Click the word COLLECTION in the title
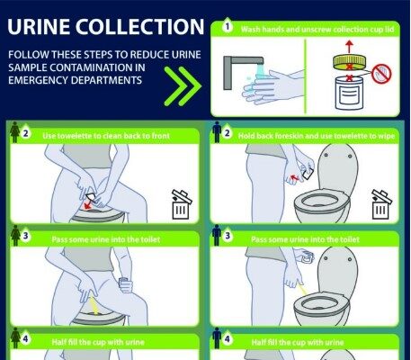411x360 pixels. point(139,26)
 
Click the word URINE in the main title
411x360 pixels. point(39,26)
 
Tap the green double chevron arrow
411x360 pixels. point(183,86)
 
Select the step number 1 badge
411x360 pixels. point(228,27)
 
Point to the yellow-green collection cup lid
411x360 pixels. point(349,62)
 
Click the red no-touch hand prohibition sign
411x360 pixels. point(381,74)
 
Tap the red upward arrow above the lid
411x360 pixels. point(349,47)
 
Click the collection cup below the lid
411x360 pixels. point(349,93)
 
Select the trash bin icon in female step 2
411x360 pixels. point(181,204)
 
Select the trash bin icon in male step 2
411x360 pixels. point(381,204)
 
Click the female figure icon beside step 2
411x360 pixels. point(15,132)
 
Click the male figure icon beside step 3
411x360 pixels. point(217,236)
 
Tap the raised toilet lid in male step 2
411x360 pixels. point(338,167)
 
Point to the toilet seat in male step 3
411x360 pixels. point(321,303)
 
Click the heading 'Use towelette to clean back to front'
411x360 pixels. point(106,136)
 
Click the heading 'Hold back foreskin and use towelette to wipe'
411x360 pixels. point(317,136)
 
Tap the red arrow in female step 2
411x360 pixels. point(88,205)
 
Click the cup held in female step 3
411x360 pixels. point(126,284)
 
